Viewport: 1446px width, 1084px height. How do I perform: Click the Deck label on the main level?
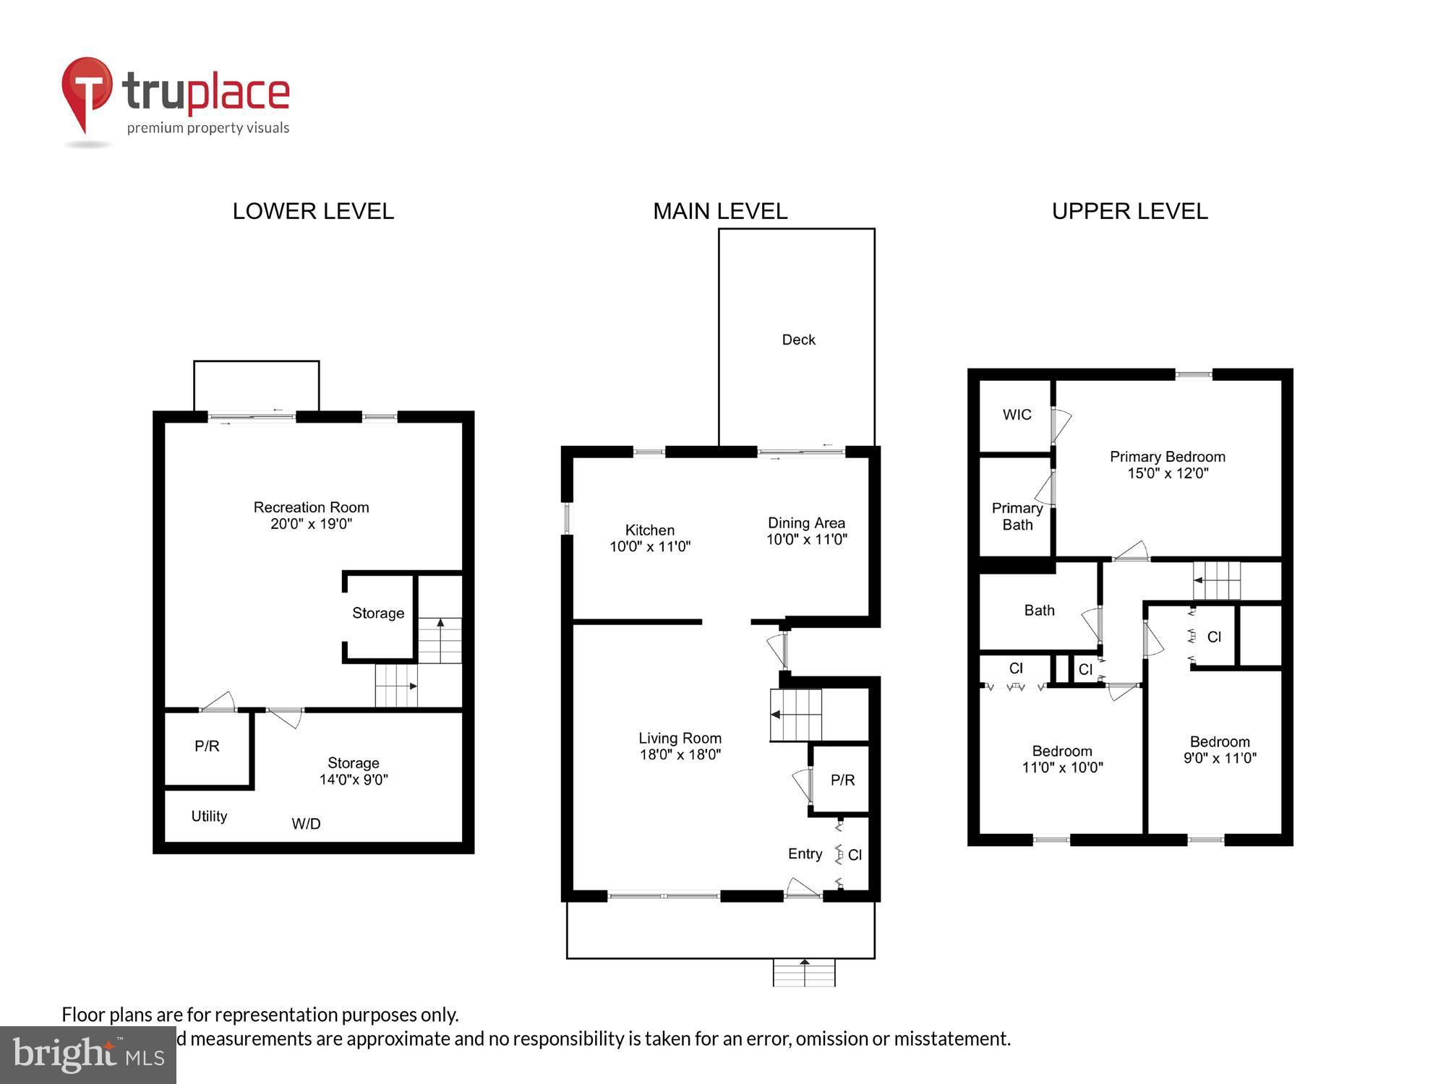coord(798,340)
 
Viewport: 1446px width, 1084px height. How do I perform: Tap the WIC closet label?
coord(1017,415)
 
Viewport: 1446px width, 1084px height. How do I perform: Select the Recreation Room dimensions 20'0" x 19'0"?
coord(311,524)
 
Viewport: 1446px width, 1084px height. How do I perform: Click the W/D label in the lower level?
coord(306,824)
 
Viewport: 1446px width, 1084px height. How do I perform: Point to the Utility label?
coord(209,816)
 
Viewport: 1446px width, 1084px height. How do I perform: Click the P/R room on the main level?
coord(842,780)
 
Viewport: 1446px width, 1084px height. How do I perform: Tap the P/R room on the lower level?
coord(207,746)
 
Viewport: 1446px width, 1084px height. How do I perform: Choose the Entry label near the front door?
coord(805,853)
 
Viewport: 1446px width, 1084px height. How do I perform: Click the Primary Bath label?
coord(1017,516)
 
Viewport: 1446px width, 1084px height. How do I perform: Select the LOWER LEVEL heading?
coord(313,211)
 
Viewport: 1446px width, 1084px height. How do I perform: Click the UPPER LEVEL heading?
coord(1129,211)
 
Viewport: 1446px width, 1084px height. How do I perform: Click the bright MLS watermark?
coord(87,1054)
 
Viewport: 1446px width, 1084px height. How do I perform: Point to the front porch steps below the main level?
coord(804,973)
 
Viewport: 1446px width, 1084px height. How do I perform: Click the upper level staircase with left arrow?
coord(1217,580)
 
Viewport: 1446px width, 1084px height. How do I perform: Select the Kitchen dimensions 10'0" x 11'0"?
coord(650,547)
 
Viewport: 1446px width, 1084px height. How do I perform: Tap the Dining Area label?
coord(806,522)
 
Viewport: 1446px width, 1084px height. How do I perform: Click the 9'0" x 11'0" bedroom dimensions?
coord(1220,758)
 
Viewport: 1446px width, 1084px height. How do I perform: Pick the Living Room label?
coord(680,738)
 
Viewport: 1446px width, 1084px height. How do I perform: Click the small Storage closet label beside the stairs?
coord(378,613)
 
